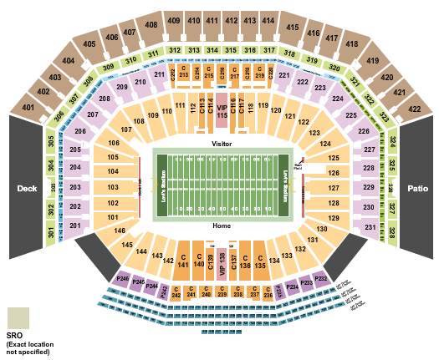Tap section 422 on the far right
click(x=412, y=108)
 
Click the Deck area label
click(x=27, y=188)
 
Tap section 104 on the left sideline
click(x=112, y=171)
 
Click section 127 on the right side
click(x=334, y=188)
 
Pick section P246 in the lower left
click(x=123, y=277)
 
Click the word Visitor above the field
click(x=222, y=143)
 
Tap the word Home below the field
click(x=222, y=226)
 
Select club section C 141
click(x=183, y=260)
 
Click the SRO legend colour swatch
click(x=18, y=317)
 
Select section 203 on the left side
click(x=76, y=187)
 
